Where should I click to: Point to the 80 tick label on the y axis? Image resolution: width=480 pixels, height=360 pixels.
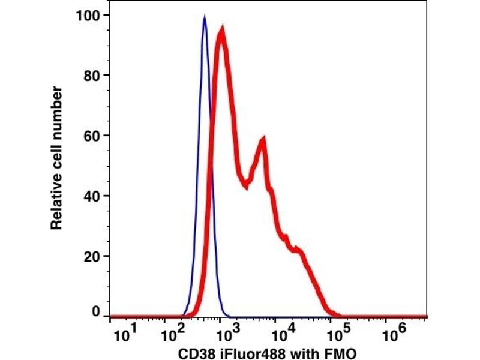92,76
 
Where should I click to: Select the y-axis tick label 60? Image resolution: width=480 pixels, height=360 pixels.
92,136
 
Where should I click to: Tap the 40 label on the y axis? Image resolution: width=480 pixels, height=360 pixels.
92,196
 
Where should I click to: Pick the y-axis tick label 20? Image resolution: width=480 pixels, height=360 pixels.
92,256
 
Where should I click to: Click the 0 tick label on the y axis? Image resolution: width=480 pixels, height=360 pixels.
95,312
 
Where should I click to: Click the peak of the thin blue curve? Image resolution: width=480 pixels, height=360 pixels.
205,17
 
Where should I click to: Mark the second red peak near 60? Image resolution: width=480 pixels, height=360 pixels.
262,139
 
